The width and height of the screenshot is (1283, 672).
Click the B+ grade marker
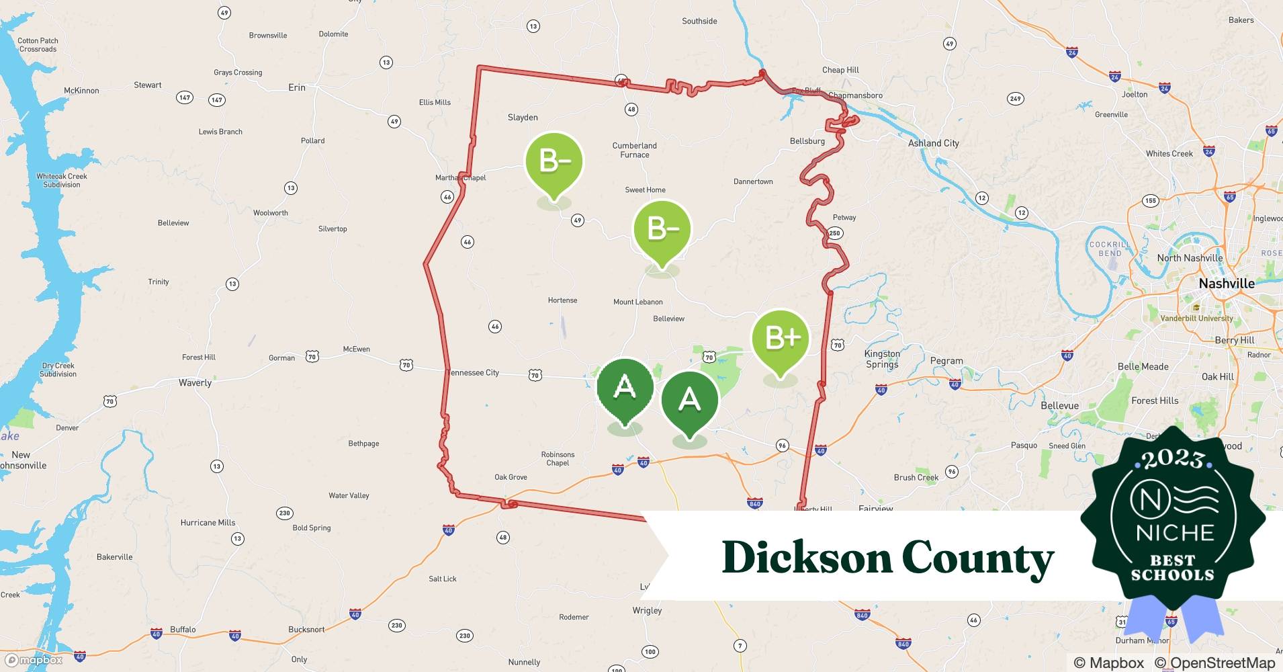click(x=780, y=340)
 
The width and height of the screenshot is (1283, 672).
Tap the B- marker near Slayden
click(x=554, y=162)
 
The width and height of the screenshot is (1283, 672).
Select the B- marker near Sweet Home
click(x=662, y=230)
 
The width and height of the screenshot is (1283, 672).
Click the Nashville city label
click(x=1227, y=284)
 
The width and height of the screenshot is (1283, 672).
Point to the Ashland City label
click(x=933, y=143)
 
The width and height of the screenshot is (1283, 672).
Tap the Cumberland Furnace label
click(x=634, y=150)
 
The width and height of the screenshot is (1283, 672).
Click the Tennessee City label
click(x=474, y=373)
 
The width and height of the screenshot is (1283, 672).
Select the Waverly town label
click(x=195, y=383)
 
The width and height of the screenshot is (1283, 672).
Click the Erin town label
click(x=296, y=87)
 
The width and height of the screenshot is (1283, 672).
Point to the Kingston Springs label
click(x=882, y=359)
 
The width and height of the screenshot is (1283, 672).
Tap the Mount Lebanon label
click(x=637, y=302)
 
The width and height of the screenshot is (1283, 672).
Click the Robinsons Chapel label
click(x=558, y=458)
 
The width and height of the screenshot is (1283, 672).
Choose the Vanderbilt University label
click(x=1197, y=319)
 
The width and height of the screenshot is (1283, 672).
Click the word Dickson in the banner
click(x=806, y=558)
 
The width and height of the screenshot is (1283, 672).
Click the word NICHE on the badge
click(x=1175, y=533)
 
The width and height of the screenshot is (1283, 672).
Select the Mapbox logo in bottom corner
click(x=34, y=660)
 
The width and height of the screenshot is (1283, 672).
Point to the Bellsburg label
click(x=807, y=141)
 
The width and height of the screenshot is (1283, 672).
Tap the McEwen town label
click(x=356, y=349)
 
